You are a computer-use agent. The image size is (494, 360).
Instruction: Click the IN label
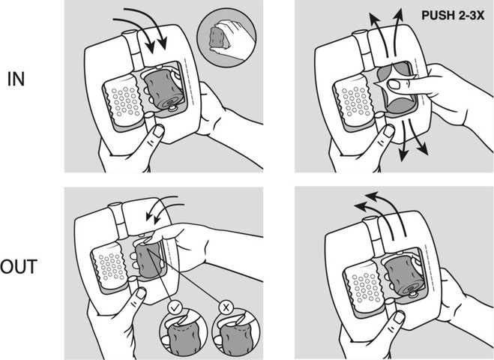16,79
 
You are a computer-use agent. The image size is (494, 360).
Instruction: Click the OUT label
19,267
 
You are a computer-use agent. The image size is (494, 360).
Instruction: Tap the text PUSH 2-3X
453,15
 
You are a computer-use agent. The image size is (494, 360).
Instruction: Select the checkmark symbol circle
175,307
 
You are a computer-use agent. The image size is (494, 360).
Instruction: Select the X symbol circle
226,307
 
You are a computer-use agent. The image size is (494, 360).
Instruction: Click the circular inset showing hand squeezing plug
226,37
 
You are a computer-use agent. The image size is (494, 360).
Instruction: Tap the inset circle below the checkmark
184,335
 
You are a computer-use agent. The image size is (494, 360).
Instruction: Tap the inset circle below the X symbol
236,335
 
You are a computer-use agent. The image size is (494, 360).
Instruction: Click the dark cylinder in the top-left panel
164,90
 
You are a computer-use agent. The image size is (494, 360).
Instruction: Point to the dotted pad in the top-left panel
124,102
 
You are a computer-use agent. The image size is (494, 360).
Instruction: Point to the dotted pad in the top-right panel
354,102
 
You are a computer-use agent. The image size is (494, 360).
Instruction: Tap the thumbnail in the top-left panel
158,130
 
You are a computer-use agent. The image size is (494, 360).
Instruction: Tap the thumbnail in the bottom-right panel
399,316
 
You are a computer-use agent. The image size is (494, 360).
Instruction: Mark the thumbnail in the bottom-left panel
141,293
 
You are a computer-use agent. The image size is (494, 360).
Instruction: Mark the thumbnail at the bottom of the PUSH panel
389,131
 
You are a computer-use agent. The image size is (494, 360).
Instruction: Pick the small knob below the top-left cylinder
172,108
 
